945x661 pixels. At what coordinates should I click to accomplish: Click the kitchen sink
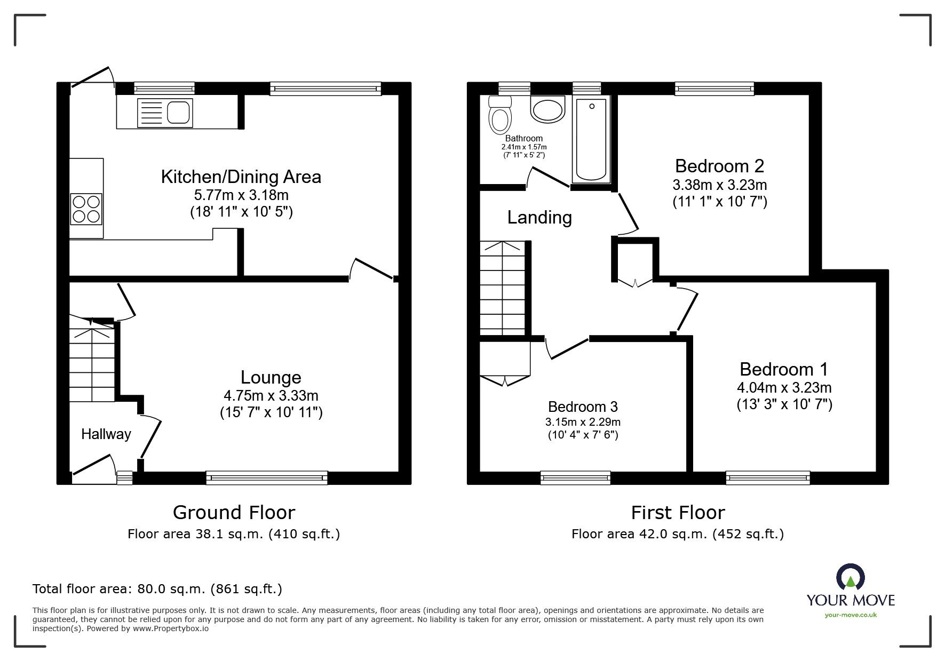coord(165,113)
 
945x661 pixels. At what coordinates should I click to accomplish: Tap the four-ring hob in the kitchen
coord(86,209)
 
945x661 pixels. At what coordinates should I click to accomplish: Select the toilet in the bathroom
coord(500,117)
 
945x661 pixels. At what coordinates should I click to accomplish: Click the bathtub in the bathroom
coord(590,140)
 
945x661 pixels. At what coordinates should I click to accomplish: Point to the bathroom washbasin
coord(547,109)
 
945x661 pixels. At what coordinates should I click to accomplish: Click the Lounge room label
coord(271,378)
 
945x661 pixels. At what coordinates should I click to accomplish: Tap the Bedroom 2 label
coord(719,166)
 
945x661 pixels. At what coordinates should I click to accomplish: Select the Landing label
coord(539,218)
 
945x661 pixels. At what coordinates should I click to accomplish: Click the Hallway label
coord(106,434)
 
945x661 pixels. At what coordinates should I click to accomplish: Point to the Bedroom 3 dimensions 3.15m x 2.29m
coord(583,422)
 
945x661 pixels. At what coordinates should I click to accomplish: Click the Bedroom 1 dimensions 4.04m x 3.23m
coord(784,388)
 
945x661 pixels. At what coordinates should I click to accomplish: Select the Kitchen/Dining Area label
coord(241,177)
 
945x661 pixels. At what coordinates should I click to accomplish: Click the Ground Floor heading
coord(234,513)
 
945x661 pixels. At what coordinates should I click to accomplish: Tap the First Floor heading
coord(678,513)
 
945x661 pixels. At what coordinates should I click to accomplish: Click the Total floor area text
coord(157,589)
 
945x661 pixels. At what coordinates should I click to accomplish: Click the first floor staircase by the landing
coord(502,288)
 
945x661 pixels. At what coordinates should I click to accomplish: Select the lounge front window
coord(267,477)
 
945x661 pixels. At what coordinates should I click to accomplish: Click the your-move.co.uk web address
coord(851,615)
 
